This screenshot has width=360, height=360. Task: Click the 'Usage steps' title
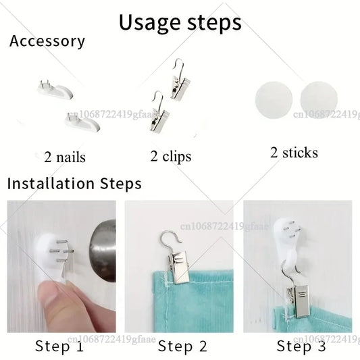click(x=180, y=23)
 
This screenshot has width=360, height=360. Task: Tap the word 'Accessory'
click(x=47, y=41)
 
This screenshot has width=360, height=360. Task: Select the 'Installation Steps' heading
click(x=74, y=184)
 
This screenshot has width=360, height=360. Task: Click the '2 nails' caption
click(x=65, y=157)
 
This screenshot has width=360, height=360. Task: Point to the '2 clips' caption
click(x=171, y=157)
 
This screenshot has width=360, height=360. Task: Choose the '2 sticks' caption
click(x=294, y=153)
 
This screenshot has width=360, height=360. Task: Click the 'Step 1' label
click(x=59, y=346)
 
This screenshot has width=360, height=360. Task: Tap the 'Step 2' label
click(x=182, y=346)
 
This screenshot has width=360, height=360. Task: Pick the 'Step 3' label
click(x=301, y=346)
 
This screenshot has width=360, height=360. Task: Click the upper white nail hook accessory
click(x=55, y=90)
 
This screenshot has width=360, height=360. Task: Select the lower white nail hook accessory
click(x=82, y=123)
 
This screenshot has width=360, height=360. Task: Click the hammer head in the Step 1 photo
click(x=104, y=251)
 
